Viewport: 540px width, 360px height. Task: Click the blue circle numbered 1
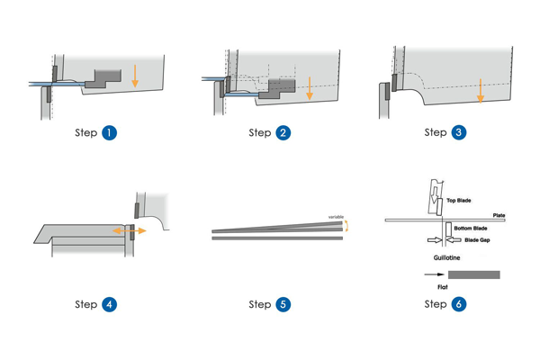(109, 132)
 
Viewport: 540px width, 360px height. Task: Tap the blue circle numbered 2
(283, 132)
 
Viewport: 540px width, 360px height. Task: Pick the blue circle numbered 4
(109, 304)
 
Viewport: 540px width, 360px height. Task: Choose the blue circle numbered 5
(283, 304)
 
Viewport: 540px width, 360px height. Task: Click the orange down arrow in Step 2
(309, 86)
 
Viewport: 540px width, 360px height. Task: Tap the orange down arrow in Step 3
(481, 89)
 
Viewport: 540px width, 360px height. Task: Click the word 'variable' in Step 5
(336, 216)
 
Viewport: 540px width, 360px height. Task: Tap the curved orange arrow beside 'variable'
(348, 226)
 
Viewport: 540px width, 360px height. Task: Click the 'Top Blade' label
(459, 201)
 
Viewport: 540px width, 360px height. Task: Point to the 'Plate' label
(498, 215)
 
